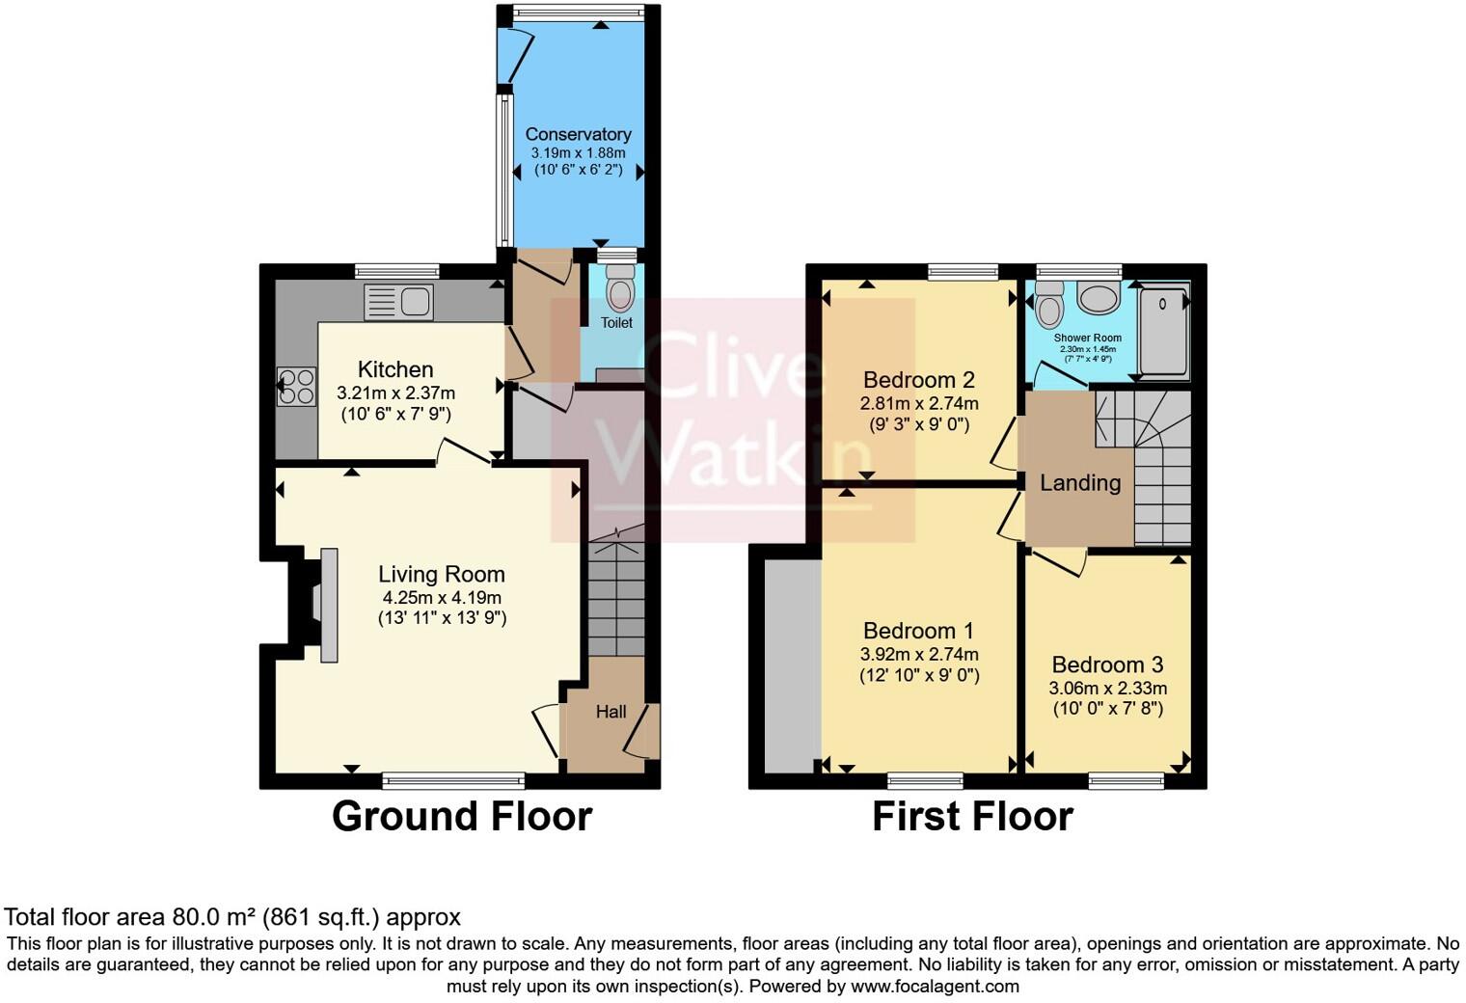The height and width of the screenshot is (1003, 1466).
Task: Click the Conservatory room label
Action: pos(578,134)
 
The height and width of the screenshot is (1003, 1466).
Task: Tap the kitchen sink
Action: pos(398,302)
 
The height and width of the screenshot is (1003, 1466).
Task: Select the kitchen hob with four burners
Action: pos(296,386)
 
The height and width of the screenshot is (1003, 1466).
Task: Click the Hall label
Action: pos(611,712)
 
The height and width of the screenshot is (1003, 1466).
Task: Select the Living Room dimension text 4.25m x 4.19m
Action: pos(442,597)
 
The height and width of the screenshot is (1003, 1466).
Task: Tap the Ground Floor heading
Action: pos(461,816)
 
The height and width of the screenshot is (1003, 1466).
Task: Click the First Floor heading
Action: pos(972,816)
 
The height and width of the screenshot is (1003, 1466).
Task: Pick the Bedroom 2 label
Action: pos(918,379)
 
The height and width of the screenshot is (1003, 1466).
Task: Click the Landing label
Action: pos(1079,482)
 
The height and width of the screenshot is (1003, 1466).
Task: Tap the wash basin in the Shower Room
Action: pos(1098,298)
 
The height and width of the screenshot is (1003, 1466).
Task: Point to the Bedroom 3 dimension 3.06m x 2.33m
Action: pos(1107,688)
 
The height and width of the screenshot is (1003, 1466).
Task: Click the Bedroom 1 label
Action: pos(918,631)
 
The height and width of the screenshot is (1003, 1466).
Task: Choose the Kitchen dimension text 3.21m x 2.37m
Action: pos(395,393)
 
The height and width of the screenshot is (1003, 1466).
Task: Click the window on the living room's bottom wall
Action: pos(453,780)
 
